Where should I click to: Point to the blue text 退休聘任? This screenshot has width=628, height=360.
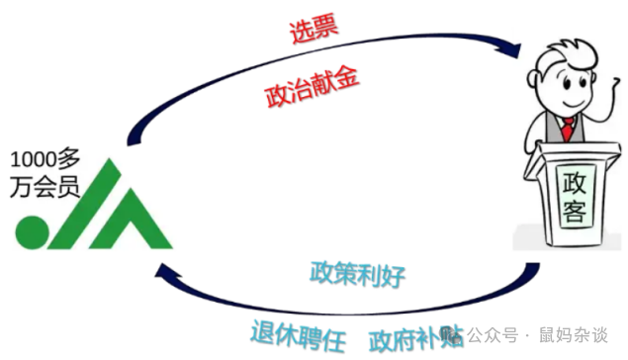[298, 337]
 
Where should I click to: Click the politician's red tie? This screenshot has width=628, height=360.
[567, 128]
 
